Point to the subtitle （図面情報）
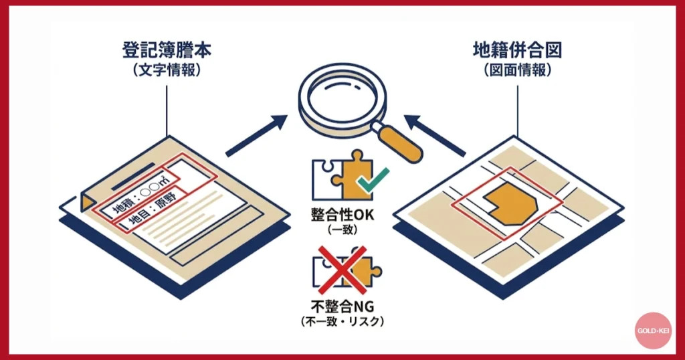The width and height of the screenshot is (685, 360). (517, 70)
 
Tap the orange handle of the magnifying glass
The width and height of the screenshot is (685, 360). (399, 144)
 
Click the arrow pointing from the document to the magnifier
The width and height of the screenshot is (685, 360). (256, 136)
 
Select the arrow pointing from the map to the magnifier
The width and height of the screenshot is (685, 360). (435, 136)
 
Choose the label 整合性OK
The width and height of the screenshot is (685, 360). (342, 215)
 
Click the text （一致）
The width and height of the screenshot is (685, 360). (342, 230)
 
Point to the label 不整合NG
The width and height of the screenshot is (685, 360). (342, 307)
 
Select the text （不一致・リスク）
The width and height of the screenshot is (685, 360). (342, 322)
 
